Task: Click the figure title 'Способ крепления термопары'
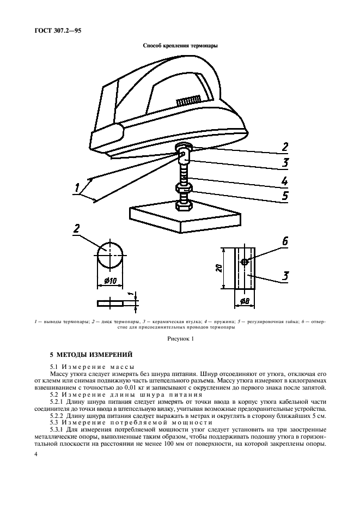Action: coord(180,46)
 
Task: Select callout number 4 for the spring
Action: coord(284,180)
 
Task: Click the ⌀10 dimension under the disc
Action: coord(110,281)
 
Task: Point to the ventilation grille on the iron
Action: coord(187,101)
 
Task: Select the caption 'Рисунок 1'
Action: coord(180,339)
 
